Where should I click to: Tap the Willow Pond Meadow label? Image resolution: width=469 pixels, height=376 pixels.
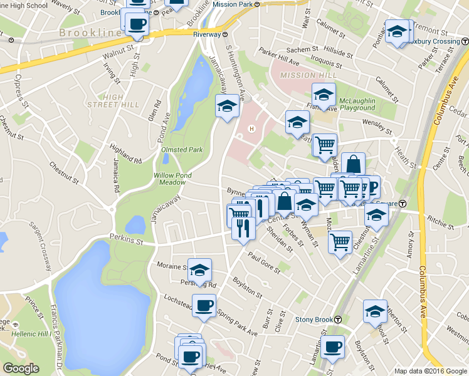(172, 179)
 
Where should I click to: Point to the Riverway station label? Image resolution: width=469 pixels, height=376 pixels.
(211, 34)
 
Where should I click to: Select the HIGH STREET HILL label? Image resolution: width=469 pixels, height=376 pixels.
(113, 100)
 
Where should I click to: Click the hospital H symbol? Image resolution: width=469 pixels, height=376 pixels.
(251, 129)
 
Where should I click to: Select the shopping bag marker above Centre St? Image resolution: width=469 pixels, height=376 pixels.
(353, 164)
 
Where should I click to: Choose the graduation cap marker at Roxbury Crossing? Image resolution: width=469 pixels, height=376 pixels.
(397, 32)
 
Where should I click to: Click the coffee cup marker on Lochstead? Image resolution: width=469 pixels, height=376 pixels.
(203, 306)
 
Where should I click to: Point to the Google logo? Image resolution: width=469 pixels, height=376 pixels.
(21, 368)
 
